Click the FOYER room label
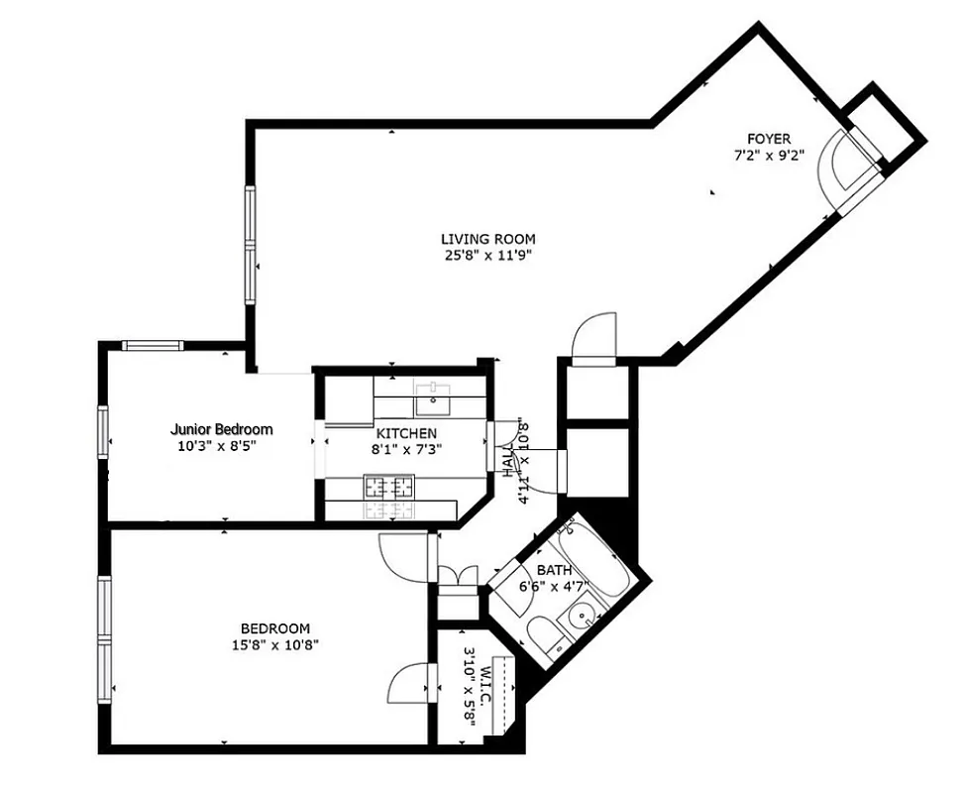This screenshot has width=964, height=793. coord(769,139)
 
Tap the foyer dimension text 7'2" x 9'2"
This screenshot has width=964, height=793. coord(768,156)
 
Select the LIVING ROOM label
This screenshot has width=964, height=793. coord(487,239)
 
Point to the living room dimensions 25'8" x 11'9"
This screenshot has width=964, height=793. coord(487,256)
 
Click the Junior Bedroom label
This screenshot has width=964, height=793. coord(221,429)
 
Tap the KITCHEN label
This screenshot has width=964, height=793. coord(406,433)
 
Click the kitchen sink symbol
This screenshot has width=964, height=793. coord(432,400)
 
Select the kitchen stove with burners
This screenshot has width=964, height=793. coord(388,487)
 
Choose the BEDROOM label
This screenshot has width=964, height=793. coord(275,628)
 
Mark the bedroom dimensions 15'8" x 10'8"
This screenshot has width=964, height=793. coord(275,645)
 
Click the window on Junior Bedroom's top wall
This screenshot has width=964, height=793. coord(153,346)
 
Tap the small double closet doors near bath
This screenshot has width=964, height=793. coord(458,575)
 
